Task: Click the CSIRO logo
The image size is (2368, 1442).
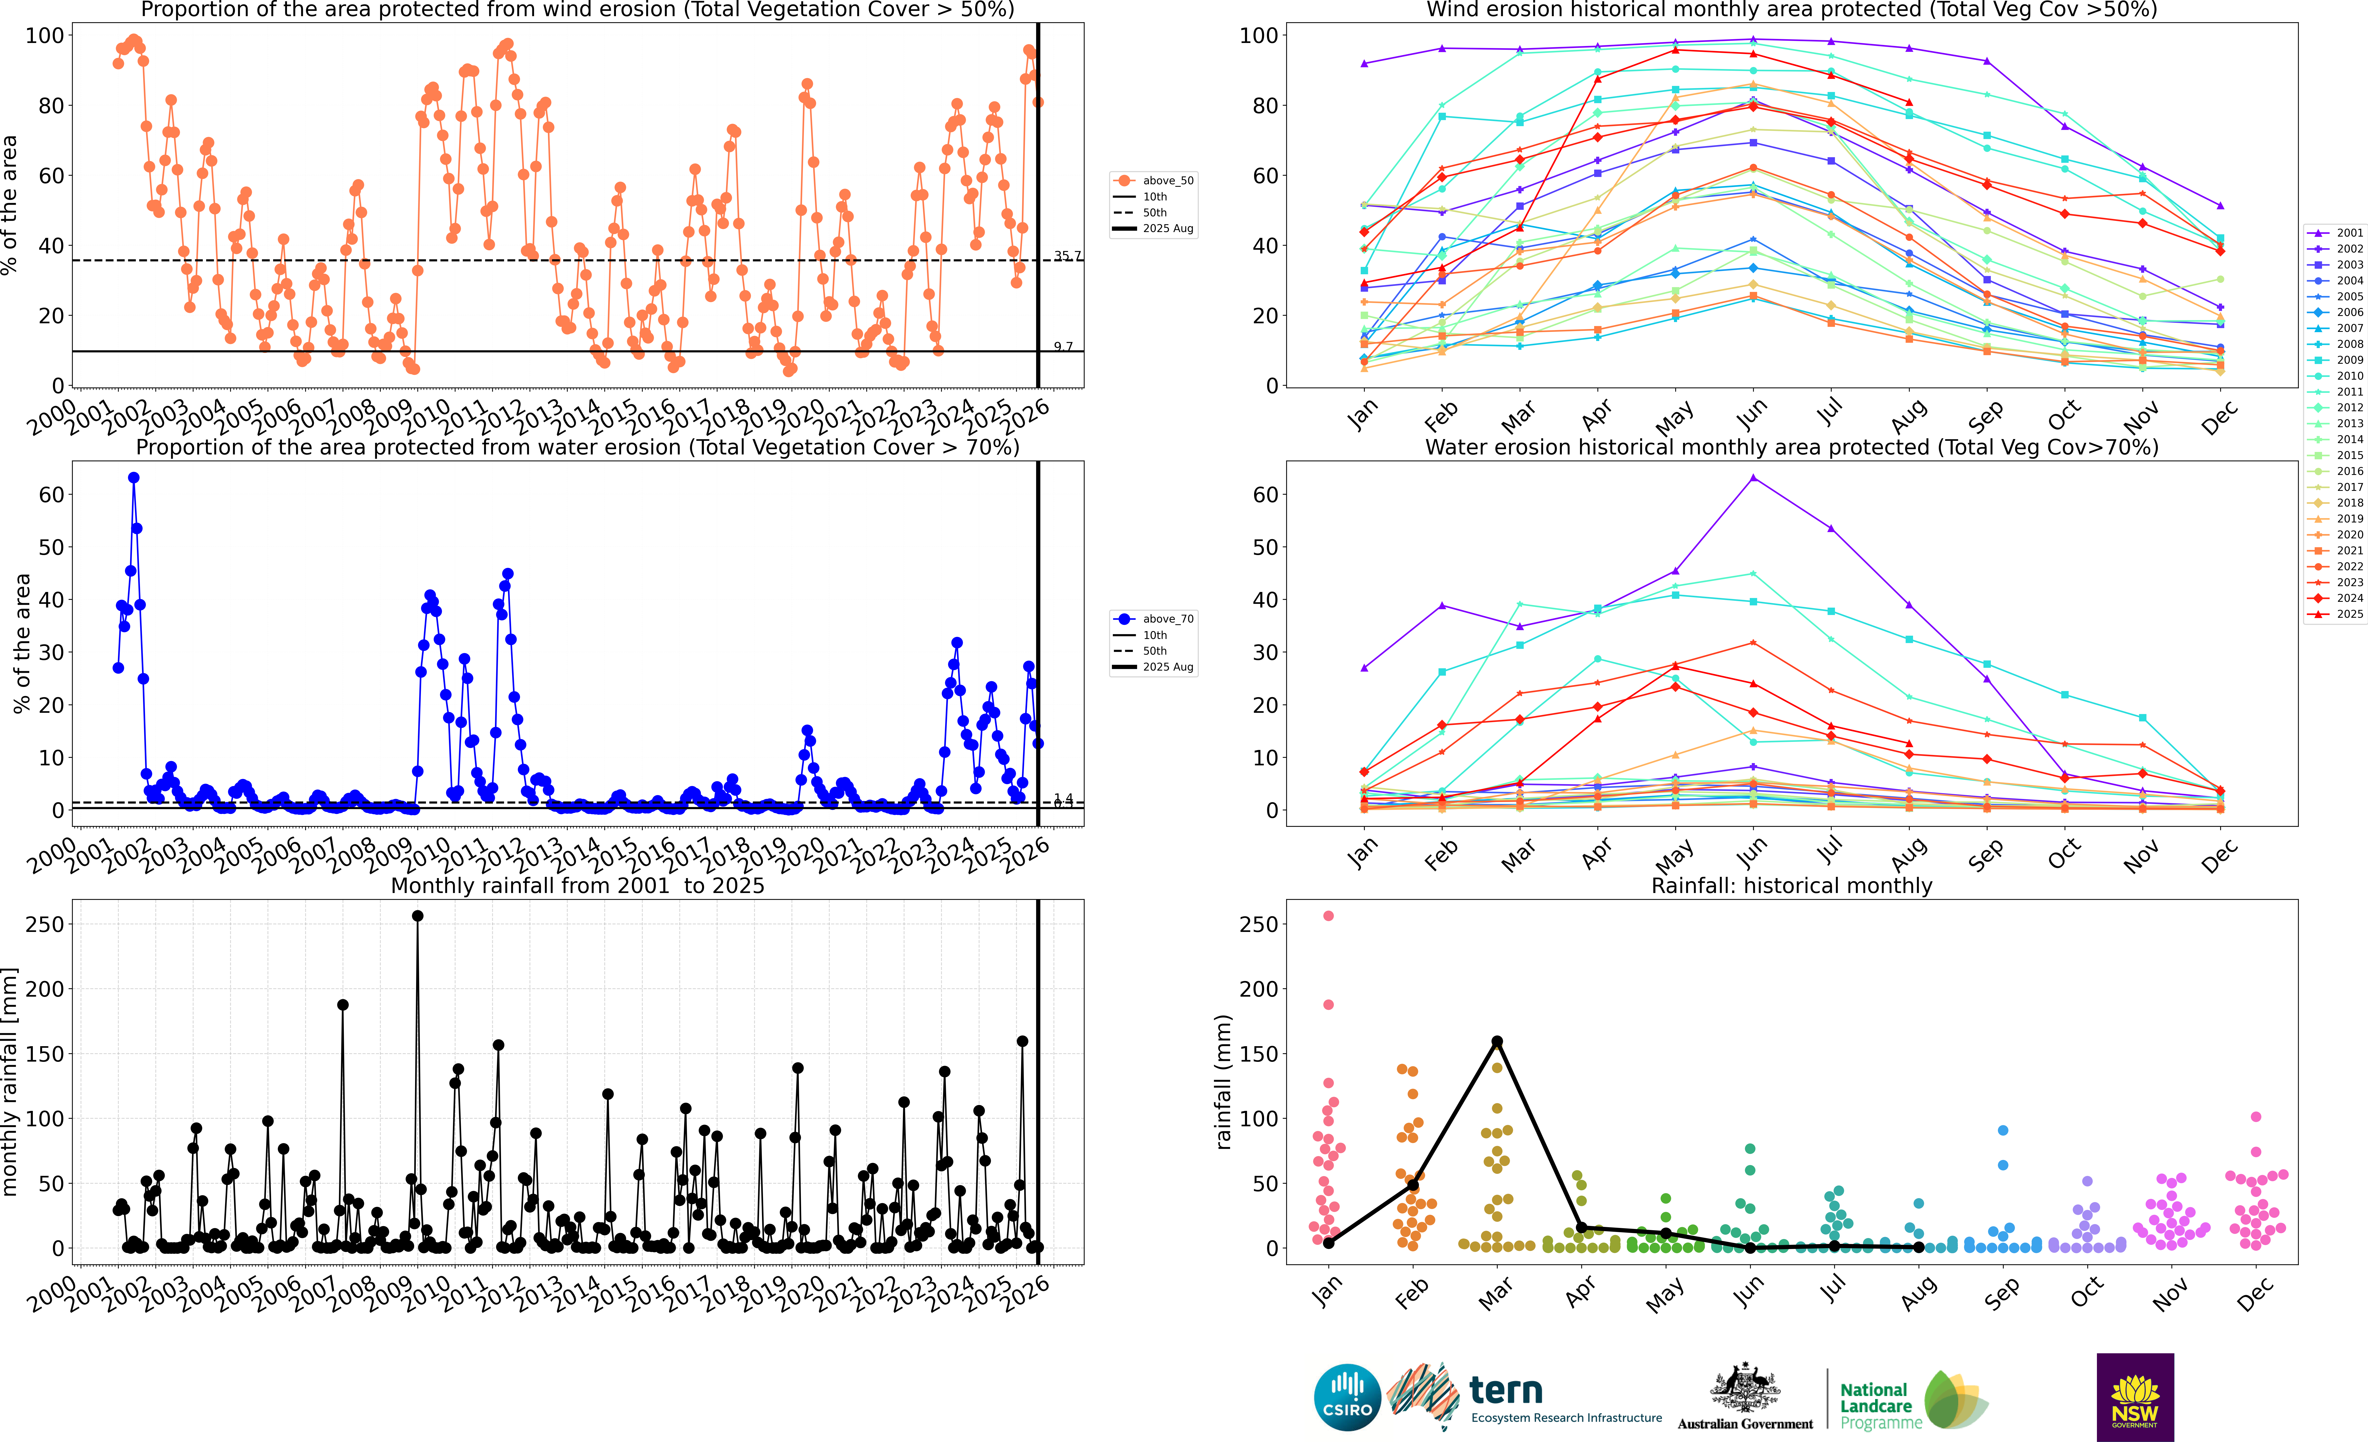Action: pyautogui.click(x=1347, y=1397)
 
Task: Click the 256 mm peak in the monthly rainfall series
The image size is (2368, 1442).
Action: pyautogui.click(x=417, y=916)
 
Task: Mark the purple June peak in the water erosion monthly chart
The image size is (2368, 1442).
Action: pyautogui.click(x=1753, y=478)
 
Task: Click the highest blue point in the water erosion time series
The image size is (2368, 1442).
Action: pyautogui.click(x=134, y=478)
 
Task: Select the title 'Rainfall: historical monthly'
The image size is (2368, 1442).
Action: pyautogui.click(x=1791, y=885)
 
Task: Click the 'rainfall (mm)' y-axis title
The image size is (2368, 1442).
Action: pyautogui.click(x=1223, y=1082)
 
